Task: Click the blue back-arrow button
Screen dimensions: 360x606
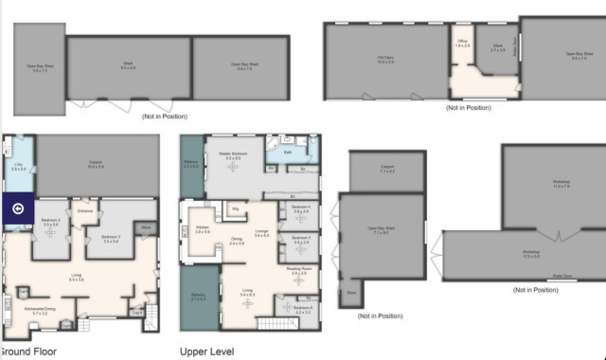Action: (17, 210)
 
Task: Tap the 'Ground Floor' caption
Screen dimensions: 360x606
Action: (29, 351)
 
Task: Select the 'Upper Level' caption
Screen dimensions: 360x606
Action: (205, 351)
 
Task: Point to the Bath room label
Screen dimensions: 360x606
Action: (287, 152)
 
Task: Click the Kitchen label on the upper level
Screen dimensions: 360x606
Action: (202, 228)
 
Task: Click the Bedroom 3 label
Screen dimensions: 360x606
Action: (111, 238)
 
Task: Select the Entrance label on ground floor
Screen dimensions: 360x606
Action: (85, 210)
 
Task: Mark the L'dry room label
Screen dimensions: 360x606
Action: (18, 166)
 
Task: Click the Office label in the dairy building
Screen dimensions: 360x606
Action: (463, 43)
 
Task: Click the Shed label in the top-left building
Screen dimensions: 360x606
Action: (129, 64)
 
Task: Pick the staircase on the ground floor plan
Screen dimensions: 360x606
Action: (149, 321)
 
